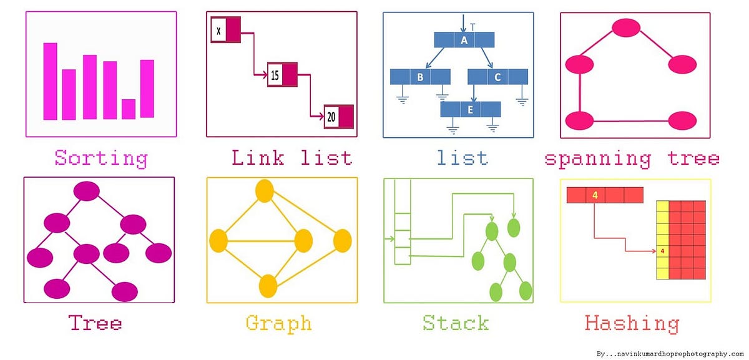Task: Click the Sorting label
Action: pyautogui.click(x=101, y=158)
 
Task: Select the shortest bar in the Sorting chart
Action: pyautogui.click(x=129, y=109)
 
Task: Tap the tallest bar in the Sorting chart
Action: pyautogui.click(x=51, y=81)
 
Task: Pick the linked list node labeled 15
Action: pyautogui.click(x=281, y=75)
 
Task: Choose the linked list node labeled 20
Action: pyautogui.click(x=338, y=117)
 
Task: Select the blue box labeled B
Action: pyautogui.click(x=420, y=77)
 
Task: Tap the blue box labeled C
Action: pyautogui.click(x=497, y=77)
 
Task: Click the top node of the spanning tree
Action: pyautogui.click(x=625, y=27)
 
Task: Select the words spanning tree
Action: pyautogui.click(x=632, y=158)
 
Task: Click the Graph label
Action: pyautogui.click(x=278, y=323)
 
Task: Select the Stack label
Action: pyautogui.click(x=456, y=323)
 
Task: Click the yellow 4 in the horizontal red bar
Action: pyautogui.click(x=595, y=195)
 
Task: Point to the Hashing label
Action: pyautogui.click(x=632, y=323)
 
